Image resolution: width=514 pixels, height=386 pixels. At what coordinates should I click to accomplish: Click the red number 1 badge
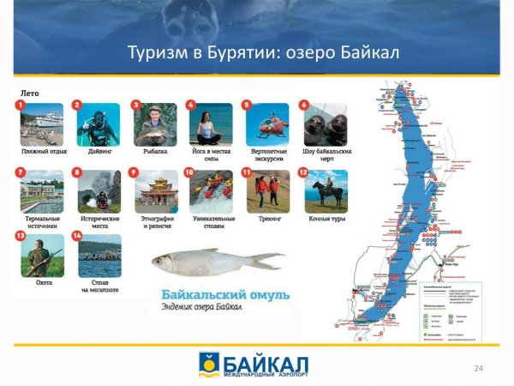click(x=19, y=105)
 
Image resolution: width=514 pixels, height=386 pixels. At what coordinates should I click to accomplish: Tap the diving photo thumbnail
click(x=99, y=125)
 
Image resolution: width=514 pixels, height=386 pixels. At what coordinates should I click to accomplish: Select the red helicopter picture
click(x=267, y=125)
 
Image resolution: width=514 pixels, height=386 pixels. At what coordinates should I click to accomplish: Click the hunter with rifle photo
click(x=42, y=256)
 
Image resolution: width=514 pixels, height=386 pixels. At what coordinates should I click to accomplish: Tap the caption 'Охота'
click(x=41, y=283)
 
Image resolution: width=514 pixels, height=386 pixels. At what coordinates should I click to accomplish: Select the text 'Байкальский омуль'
click(x=218, y=294)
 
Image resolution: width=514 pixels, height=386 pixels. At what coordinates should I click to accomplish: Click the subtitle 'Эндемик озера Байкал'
click(x=205, y=308)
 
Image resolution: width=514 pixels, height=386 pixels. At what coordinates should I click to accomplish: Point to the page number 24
click(x=479, y=368)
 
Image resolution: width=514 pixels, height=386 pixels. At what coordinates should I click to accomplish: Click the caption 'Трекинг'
click(x=267, y=219)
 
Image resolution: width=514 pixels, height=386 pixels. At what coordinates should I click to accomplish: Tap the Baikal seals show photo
click(x=326, y=125)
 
